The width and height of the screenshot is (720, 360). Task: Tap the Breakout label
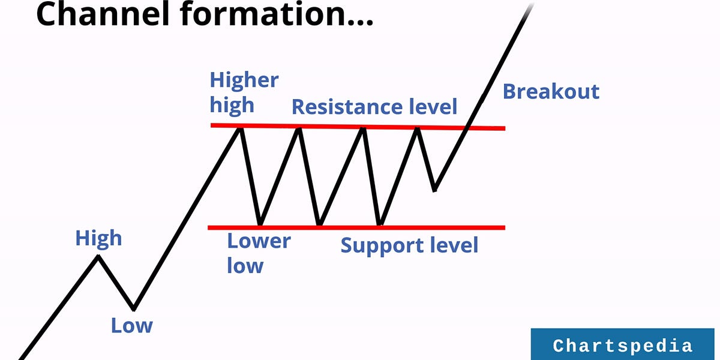pyautogui.click(x=551, y=92)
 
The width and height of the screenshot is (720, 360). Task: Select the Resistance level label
pyautogui.click(x=374, y=107)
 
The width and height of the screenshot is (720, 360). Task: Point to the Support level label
pyautogui.click(x=409, y=245)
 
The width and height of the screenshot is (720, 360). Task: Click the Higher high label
pyautogui.click(x=244, y=92)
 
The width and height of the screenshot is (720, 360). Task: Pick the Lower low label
pyautogui.click(x=258, y=253)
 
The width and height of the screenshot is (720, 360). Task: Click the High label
pyautogui.click(x=98, y=238)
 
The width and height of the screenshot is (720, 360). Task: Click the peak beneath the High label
pyautogui.click(x=98, y=257)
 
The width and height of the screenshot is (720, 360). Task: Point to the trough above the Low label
pyautogui.click(x=134, y=308)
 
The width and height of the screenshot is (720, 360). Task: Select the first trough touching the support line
pyautogui.click(x=259, y=225)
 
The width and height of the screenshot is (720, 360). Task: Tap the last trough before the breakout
pyautogui.click(x=434, y=190)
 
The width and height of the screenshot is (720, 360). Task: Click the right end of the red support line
pyautogui.click(x=503, y=227)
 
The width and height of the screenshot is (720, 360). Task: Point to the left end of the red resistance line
pyautogui.click(x=212, y=125)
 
